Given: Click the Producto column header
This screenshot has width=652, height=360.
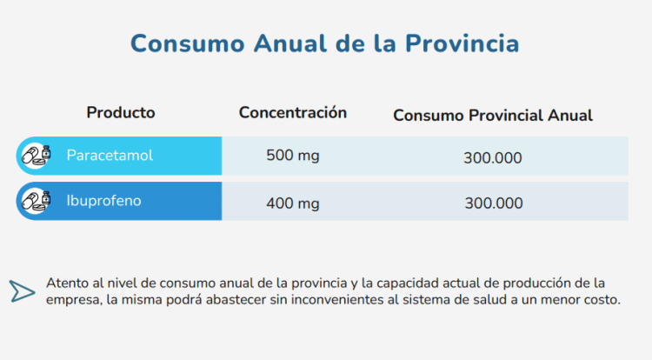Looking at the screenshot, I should click(121, 112).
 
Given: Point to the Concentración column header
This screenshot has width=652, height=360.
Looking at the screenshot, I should click(293, 112).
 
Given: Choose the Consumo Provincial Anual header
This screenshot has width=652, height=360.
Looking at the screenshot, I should click(493, 115).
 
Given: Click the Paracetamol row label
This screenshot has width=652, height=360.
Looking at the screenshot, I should click(110, 156).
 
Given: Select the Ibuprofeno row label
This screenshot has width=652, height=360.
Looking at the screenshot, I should click(103, 201).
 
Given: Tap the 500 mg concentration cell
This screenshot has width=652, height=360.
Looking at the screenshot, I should click(293, 157).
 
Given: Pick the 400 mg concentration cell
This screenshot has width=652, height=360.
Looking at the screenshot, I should click(293, 203).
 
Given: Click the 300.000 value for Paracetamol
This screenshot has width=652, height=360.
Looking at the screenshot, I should click(493, 158).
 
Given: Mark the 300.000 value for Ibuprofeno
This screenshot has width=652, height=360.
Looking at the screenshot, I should click(493, 203).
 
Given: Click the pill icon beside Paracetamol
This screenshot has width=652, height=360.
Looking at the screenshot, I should click(36, 156).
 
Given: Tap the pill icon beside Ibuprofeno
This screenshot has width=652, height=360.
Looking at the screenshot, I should click(36, 201).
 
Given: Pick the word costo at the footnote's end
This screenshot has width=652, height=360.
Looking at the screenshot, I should click(602, 300).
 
